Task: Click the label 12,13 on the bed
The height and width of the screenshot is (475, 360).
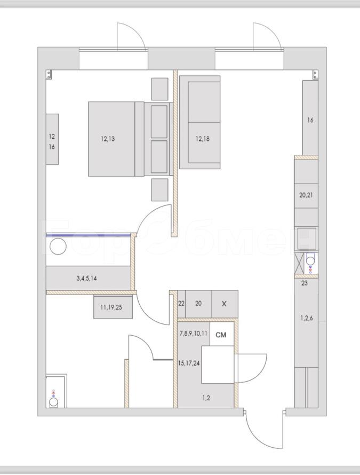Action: point(108,139)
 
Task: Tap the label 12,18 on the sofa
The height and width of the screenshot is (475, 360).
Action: point(203,139)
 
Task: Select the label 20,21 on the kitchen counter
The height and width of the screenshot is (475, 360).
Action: point(306,195)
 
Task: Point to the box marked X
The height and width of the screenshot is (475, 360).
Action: point(225,304)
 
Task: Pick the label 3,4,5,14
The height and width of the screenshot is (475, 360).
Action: point(86,278)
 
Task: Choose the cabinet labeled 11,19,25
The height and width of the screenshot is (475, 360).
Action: point(113,306)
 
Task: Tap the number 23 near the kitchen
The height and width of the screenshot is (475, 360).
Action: point(305,283)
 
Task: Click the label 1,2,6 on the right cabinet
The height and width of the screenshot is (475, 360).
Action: point(307,318)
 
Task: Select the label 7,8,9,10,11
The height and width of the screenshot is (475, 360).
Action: point(194,334)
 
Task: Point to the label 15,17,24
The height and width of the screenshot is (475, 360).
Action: point(189,363)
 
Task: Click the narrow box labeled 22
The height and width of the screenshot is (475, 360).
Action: point(181,304)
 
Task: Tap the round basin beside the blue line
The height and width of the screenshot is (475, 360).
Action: point(58,247)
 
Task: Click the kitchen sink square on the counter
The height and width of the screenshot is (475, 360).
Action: point(307,239)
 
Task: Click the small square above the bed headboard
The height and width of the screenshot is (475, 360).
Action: point(159,89)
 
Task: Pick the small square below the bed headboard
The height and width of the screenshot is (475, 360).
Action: point(159,189)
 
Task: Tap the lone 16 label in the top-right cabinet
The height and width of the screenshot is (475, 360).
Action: point(310,120)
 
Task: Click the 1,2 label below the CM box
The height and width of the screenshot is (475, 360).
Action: point(206,398)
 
